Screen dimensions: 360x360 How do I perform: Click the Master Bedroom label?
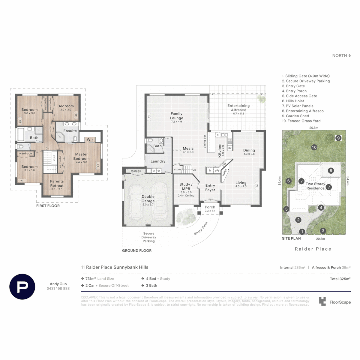pyautogui.click(x=81, y=156)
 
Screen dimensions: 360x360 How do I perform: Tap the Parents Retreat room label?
pyautogui.click(x=57, y=183)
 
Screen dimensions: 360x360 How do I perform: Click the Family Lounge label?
pyautogui.click(x=177, y=116)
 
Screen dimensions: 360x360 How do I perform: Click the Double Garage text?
pyautogui.click(x=148, y=199)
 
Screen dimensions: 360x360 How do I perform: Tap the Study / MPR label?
pyautogui.click(x=185, y=186)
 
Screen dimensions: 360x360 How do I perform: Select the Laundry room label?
pyautogui.click(x=158, y=161)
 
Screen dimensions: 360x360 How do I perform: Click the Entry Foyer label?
pyautogui.click(x=210, y=188)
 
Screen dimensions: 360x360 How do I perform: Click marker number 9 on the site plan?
pyautogui.click(x=338, y=138)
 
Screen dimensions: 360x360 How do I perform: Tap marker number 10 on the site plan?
pyautogui.click(x=314, y=147)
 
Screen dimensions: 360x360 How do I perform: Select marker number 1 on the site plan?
pyautogui.click(x=302, y=232)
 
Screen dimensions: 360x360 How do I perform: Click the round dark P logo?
pyautogui.click(x=23, y=286)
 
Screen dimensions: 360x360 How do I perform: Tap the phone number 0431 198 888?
pyautogui.click(x=58, y=289)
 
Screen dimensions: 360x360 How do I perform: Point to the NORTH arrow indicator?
pyautogui.click(x=341, y=56)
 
